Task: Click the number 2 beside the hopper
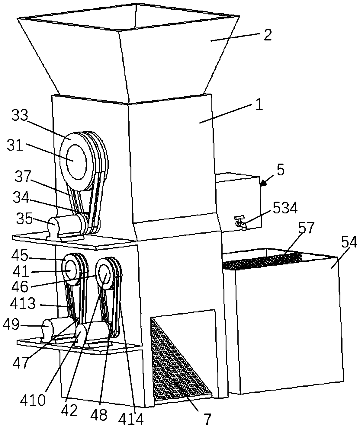[x=267, y=35]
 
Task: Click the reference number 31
[x=16, y=147]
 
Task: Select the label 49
[x=11, y=325]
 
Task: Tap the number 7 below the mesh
[x=208, y=419]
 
